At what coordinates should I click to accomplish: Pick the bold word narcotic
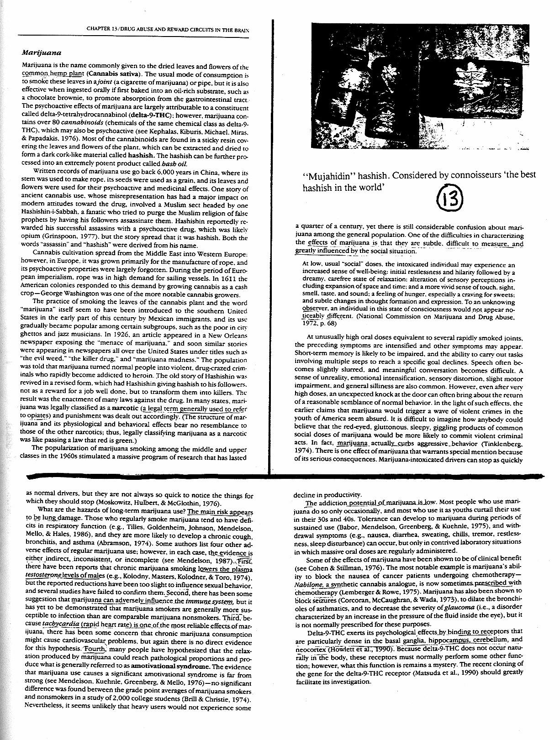[x=126, y=409]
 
